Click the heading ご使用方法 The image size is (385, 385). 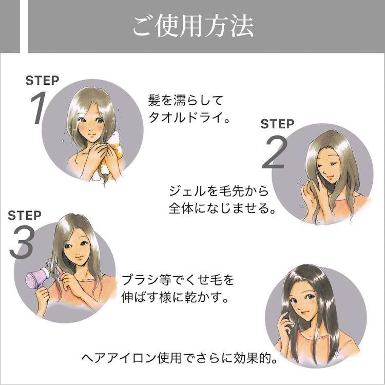pyautogui.click(x=193, y=27)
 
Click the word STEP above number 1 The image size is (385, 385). pyautogui.click(x=42, y=80)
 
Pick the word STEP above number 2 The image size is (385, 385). pyautogui.click(x=277, y=124)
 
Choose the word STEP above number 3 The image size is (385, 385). pyautogui.click(x=25, y=215)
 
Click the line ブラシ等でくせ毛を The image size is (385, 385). pyautogui.click(x=178, y=280)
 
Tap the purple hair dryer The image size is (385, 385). pyautogui.click(x=38, y=278)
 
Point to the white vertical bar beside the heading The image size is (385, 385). pyautogui.click(x=24, y=26)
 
